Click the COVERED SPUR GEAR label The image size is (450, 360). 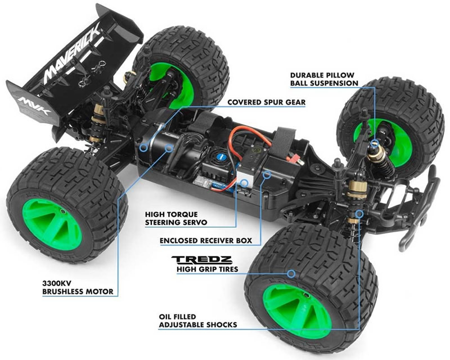tap(266, 102)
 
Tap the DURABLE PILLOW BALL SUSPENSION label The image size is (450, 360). tap(324, 79)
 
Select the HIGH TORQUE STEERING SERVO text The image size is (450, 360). tap(175, 218)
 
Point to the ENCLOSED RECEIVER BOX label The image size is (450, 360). tap(206, 241)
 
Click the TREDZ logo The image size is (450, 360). tap(202, 260)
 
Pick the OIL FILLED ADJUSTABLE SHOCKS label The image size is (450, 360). tap(198, 321)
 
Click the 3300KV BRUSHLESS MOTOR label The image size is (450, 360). tap(78, 287)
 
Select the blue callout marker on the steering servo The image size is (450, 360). tap(244, 183)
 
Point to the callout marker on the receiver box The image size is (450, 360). tap(267, 174)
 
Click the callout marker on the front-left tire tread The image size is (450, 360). tap(292, 273)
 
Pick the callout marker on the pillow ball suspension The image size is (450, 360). tap(374, 143)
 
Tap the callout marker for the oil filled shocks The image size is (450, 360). tap(359, 213)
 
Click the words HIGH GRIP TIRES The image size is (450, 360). tap(207, 269)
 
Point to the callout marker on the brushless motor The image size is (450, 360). tap(169, 148)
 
